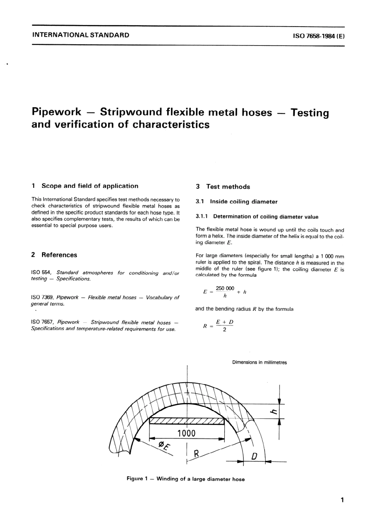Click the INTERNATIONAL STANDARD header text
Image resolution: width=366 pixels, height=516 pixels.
point(81,35)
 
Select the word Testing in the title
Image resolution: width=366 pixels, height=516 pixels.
point(310,113)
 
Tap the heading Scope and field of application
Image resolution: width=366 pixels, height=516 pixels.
point(89,186)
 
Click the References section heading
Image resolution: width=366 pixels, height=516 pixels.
point(59,255)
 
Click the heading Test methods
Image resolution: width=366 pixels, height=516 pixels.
point(228,187)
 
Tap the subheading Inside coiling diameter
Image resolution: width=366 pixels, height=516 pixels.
point(243,202)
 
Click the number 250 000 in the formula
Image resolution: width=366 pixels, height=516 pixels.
point(225,288)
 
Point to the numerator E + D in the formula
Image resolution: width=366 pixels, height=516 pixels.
point(225,322)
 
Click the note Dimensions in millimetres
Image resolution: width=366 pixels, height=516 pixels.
point(259,363)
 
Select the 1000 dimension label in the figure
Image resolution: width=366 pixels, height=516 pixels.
point(186,433)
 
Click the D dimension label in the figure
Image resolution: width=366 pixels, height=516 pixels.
point(254,457)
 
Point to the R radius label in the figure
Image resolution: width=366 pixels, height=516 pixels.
point(196,454)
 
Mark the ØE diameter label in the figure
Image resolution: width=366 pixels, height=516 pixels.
point(164,445)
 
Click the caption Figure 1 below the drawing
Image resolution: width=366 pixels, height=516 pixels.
point(185,479)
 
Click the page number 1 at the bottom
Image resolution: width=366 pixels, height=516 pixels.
point(342,500)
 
